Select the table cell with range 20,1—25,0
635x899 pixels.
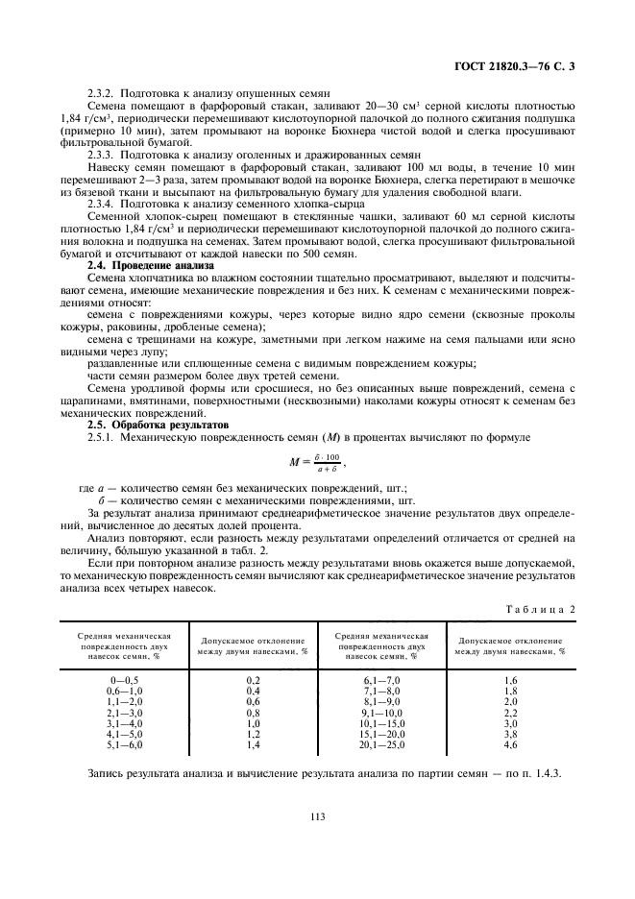[x=382, y=743]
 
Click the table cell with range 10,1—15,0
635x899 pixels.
[x=382, y=722]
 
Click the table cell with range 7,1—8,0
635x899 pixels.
[x=382, y=690]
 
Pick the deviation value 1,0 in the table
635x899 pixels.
[x=255, y=722]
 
